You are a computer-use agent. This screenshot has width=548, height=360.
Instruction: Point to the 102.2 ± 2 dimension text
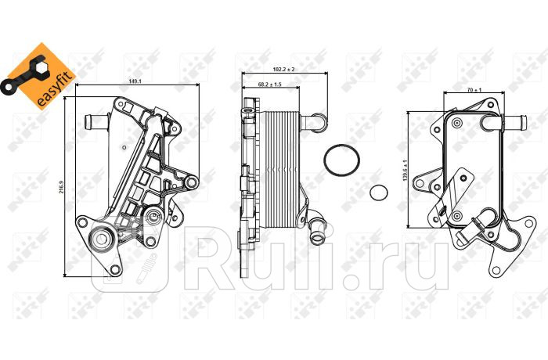point(284,68)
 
